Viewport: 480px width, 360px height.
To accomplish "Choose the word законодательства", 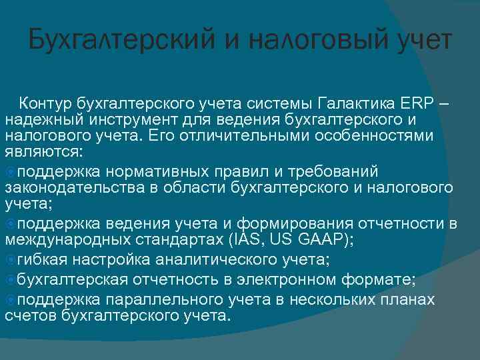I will click(75, 188).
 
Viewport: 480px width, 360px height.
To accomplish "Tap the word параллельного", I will click(171, 300).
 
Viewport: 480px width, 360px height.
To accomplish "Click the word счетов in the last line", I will click(31, 315).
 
